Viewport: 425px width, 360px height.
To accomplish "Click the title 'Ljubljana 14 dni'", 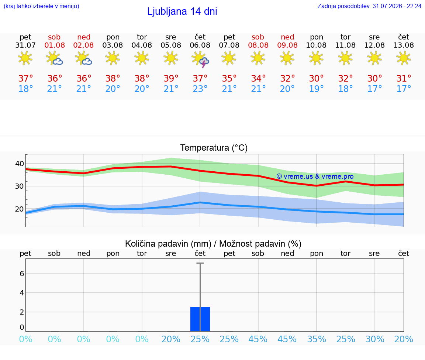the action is [182, 11].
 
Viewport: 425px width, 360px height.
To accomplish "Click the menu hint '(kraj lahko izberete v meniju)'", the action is [41, 6].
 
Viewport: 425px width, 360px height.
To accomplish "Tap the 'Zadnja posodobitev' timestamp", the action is [369, 6].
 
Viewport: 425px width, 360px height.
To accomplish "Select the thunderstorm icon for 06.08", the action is [200, 59].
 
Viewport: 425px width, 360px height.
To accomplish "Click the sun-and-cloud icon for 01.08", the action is [55, 58].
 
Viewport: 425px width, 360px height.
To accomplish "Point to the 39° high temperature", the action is [171, 78].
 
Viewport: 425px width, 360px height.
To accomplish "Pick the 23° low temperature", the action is [200, 89].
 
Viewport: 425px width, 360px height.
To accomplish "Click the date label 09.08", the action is [287, 45].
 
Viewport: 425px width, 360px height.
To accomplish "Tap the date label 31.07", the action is [25, 45].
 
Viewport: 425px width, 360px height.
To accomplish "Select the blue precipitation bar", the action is [200, 319].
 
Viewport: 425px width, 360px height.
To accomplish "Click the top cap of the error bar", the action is [200, 263].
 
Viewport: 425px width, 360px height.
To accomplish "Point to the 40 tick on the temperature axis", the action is [20, 164].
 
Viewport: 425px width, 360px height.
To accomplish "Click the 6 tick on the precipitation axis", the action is [22, 274].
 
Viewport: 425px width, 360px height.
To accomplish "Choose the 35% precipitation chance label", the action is [317, 339].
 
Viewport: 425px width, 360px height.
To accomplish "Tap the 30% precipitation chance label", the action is [375, 339].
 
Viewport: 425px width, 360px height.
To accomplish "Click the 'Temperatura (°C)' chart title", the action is [214, 148].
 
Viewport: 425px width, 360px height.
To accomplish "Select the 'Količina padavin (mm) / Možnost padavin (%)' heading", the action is [213, 244].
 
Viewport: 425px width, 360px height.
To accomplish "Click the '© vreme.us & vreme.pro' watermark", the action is [315, 176].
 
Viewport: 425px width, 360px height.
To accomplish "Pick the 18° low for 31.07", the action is [25, 89].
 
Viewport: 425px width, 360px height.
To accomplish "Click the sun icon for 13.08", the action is [404, 58].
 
